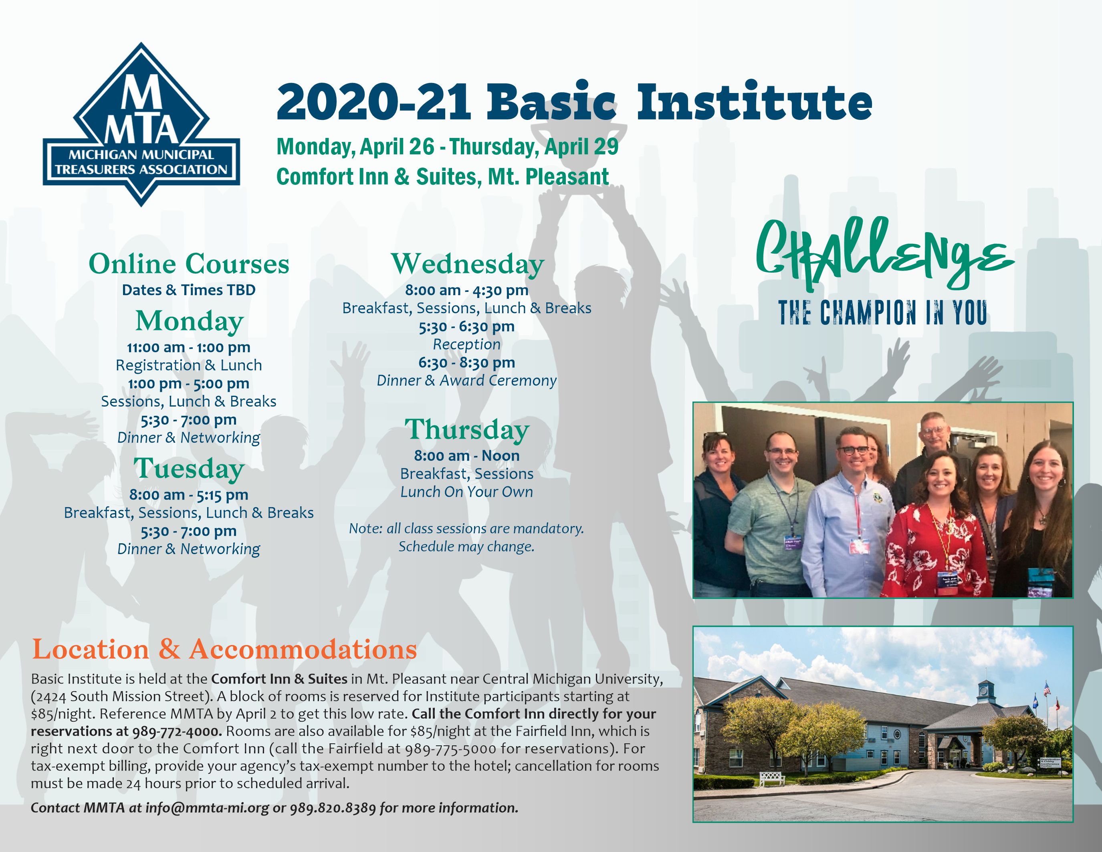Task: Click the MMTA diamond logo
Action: click(x=141, y=125)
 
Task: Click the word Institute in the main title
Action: click(x=754, y=103)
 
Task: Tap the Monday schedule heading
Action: click(x=189, y=322)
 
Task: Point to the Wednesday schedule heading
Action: click(x=468, y=264)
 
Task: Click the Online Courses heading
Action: click(x=189, y=264)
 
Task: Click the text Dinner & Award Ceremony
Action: click(x=467, y=380)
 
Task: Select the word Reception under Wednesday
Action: click(x=467, y=344)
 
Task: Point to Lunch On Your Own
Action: click(x=467, y=492)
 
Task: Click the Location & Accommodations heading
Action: click(x=224, y=649)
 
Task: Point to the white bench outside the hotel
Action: click(x=771, y=778)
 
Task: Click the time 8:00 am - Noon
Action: click(x=467, y=456)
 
